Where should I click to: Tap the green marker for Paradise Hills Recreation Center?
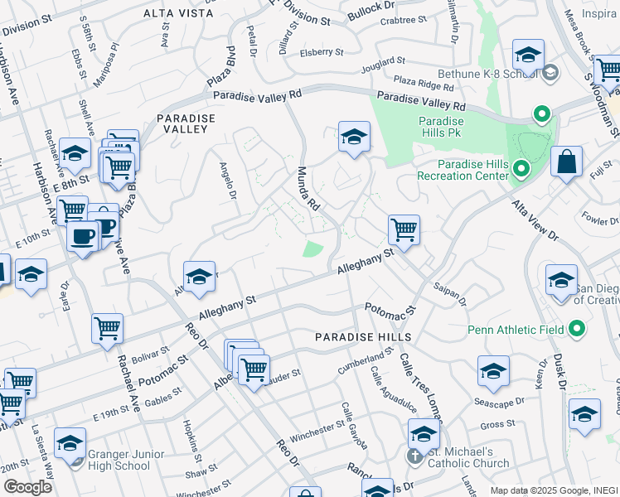click(x=521, y=170)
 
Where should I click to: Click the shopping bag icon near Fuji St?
click(x=566, y=163)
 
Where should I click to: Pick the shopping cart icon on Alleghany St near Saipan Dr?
click(x=404, y=229)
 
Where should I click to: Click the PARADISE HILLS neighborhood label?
click(x=363, y=337)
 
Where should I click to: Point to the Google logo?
click(x=27, y=486)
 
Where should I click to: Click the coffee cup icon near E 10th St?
click(x=84, y=237)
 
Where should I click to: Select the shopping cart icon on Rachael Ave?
click(x=108, y=331)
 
